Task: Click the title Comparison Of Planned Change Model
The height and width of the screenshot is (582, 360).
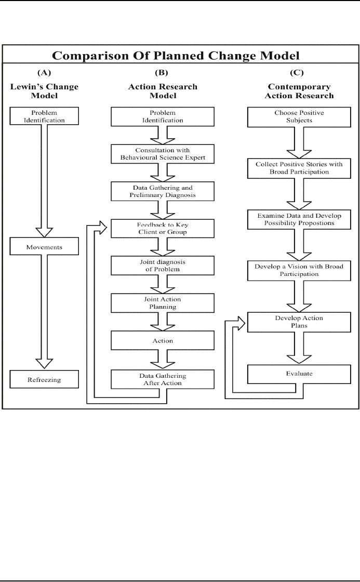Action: (179, 56)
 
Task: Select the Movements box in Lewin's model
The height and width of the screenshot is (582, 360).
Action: (44, 247)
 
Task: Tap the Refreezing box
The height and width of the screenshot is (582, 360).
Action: (44, 379)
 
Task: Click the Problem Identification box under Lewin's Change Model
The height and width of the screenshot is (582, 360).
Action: (44, 116)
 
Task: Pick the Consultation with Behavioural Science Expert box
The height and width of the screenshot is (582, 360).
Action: (163, 154)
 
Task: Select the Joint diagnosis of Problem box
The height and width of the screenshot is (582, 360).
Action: (163, 266)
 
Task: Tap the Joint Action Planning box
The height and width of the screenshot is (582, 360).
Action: (163, 303)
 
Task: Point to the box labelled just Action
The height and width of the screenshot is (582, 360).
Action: (163, 340)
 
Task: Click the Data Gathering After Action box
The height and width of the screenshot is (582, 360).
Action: (163, 379)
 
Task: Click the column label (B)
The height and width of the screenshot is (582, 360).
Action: (163, 73)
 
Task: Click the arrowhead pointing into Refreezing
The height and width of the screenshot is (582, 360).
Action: (44, 362)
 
